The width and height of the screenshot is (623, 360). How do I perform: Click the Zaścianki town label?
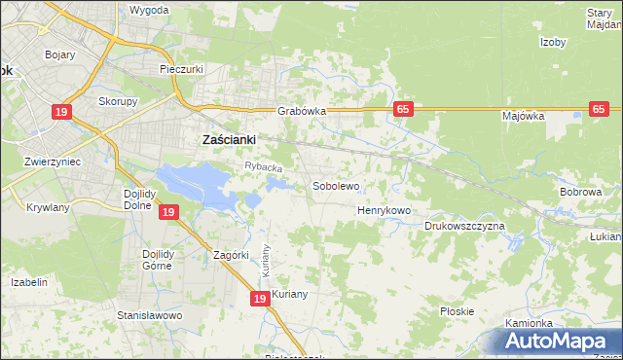tap(228, 140)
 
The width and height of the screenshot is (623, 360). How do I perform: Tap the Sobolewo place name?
tap(336, 185)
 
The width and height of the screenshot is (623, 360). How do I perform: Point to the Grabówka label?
tap(301, 111)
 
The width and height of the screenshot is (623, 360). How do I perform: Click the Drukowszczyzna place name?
tap(464, 226)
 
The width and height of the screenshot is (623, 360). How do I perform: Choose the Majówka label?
tap(523, 116)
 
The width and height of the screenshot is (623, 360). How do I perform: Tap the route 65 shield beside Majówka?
tap(599, 110)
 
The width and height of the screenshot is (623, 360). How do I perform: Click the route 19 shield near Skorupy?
tap(62, 113)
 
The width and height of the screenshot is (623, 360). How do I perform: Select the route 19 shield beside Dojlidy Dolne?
tap(168, 212)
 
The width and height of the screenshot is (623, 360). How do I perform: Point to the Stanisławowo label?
tap(150, 316)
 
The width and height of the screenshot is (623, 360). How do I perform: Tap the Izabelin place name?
tap(29, 282)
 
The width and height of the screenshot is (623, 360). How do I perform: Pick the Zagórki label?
tap(232, 256)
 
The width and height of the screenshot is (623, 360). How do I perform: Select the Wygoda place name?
tap(149, 10)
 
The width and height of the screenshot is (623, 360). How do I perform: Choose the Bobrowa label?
tap(580, 193)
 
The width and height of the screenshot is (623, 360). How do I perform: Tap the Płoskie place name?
tap(457, 311)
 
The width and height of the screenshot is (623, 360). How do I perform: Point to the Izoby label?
tap(553, 42)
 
